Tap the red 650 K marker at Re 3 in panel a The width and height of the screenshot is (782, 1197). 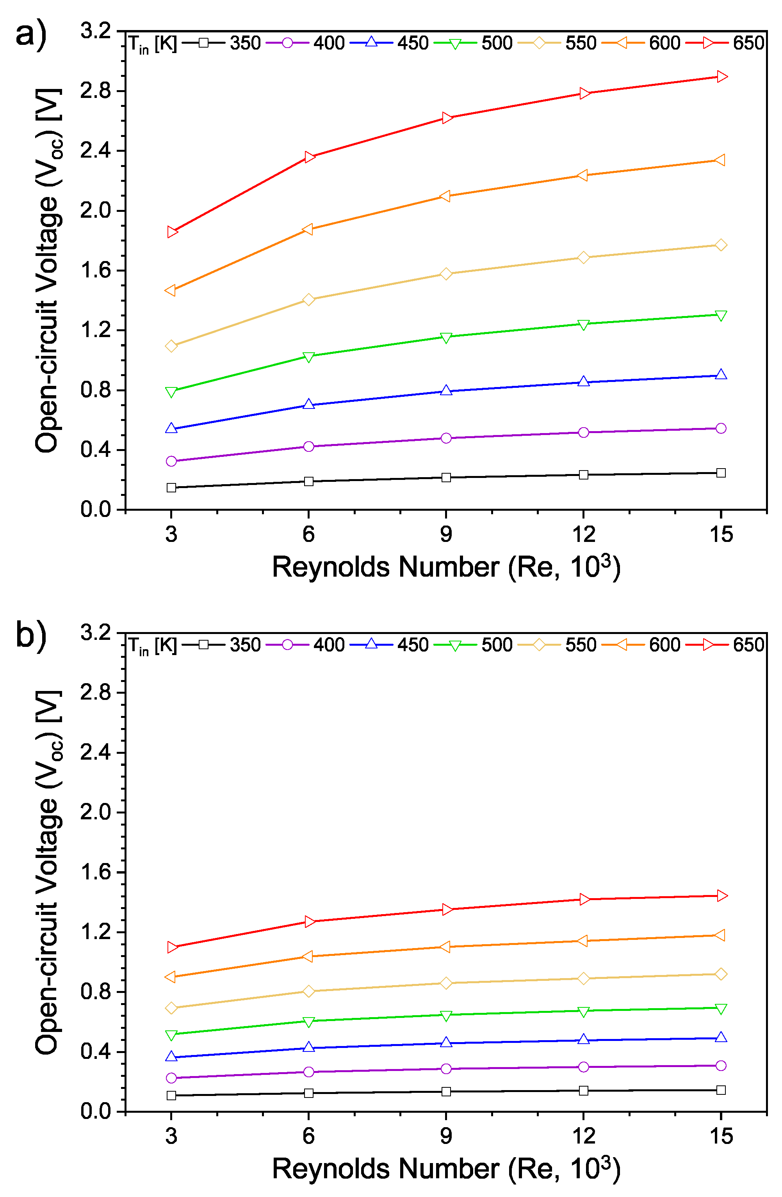coord(173,231)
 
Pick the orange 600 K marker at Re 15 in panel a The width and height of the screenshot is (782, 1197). coord(720,160)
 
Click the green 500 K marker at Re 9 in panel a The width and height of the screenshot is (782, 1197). coord(446,337)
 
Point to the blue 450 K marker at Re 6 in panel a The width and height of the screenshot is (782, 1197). coord(309,404)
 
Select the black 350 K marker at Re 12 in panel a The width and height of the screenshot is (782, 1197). coord(583,475)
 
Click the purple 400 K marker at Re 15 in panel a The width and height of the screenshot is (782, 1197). coord(721,428)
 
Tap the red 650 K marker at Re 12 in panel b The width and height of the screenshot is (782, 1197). coord(584,899)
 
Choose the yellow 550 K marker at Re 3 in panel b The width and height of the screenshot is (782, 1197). coord(171,1008)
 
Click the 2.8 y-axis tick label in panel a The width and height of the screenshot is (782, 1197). coord(96,91)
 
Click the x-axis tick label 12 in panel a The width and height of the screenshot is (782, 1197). coord(583,534)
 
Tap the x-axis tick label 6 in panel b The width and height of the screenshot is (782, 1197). coord(308,1135)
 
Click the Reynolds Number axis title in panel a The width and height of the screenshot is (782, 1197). coord(446,567)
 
